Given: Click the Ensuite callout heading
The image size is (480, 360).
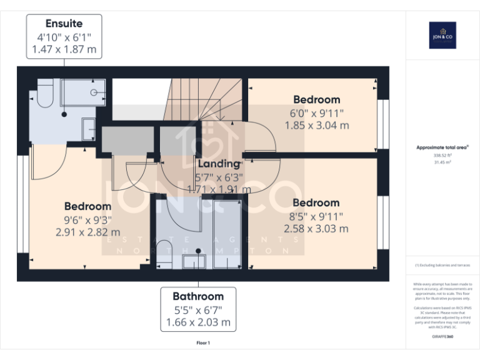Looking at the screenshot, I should (64, 24).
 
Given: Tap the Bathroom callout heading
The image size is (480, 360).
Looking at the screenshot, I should (198, 296).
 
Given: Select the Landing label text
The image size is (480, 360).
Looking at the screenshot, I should (219, 164).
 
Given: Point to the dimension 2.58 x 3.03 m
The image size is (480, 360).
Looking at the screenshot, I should (316, 229).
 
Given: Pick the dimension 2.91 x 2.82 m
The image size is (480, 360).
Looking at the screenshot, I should (88, 232).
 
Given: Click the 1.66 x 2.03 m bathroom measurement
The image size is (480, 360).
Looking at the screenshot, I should (198, 322).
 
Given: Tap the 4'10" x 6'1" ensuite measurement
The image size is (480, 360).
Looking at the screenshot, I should (64, 37).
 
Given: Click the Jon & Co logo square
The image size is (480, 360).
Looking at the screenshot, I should (442, 35).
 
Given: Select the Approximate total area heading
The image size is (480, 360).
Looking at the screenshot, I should (442, 147).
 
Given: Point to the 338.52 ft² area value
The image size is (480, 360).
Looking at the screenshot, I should (442, 156).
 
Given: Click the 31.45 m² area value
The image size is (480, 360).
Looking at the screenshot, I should (442, 162).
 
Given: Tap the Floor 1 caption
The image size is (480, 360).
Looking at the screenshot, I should (203, 343).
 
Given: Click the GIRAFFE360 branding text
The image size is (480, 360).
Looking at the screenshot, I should (442, 337).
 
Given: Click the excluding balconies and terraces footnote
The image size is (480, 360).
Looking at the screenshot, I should (442, 266).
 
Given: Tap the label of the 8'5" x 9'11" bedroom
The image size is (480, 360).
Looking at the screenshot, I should (316, 203).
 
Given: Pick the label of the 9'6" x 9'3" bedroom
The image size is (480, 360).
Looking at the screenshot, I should (88, 206).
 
